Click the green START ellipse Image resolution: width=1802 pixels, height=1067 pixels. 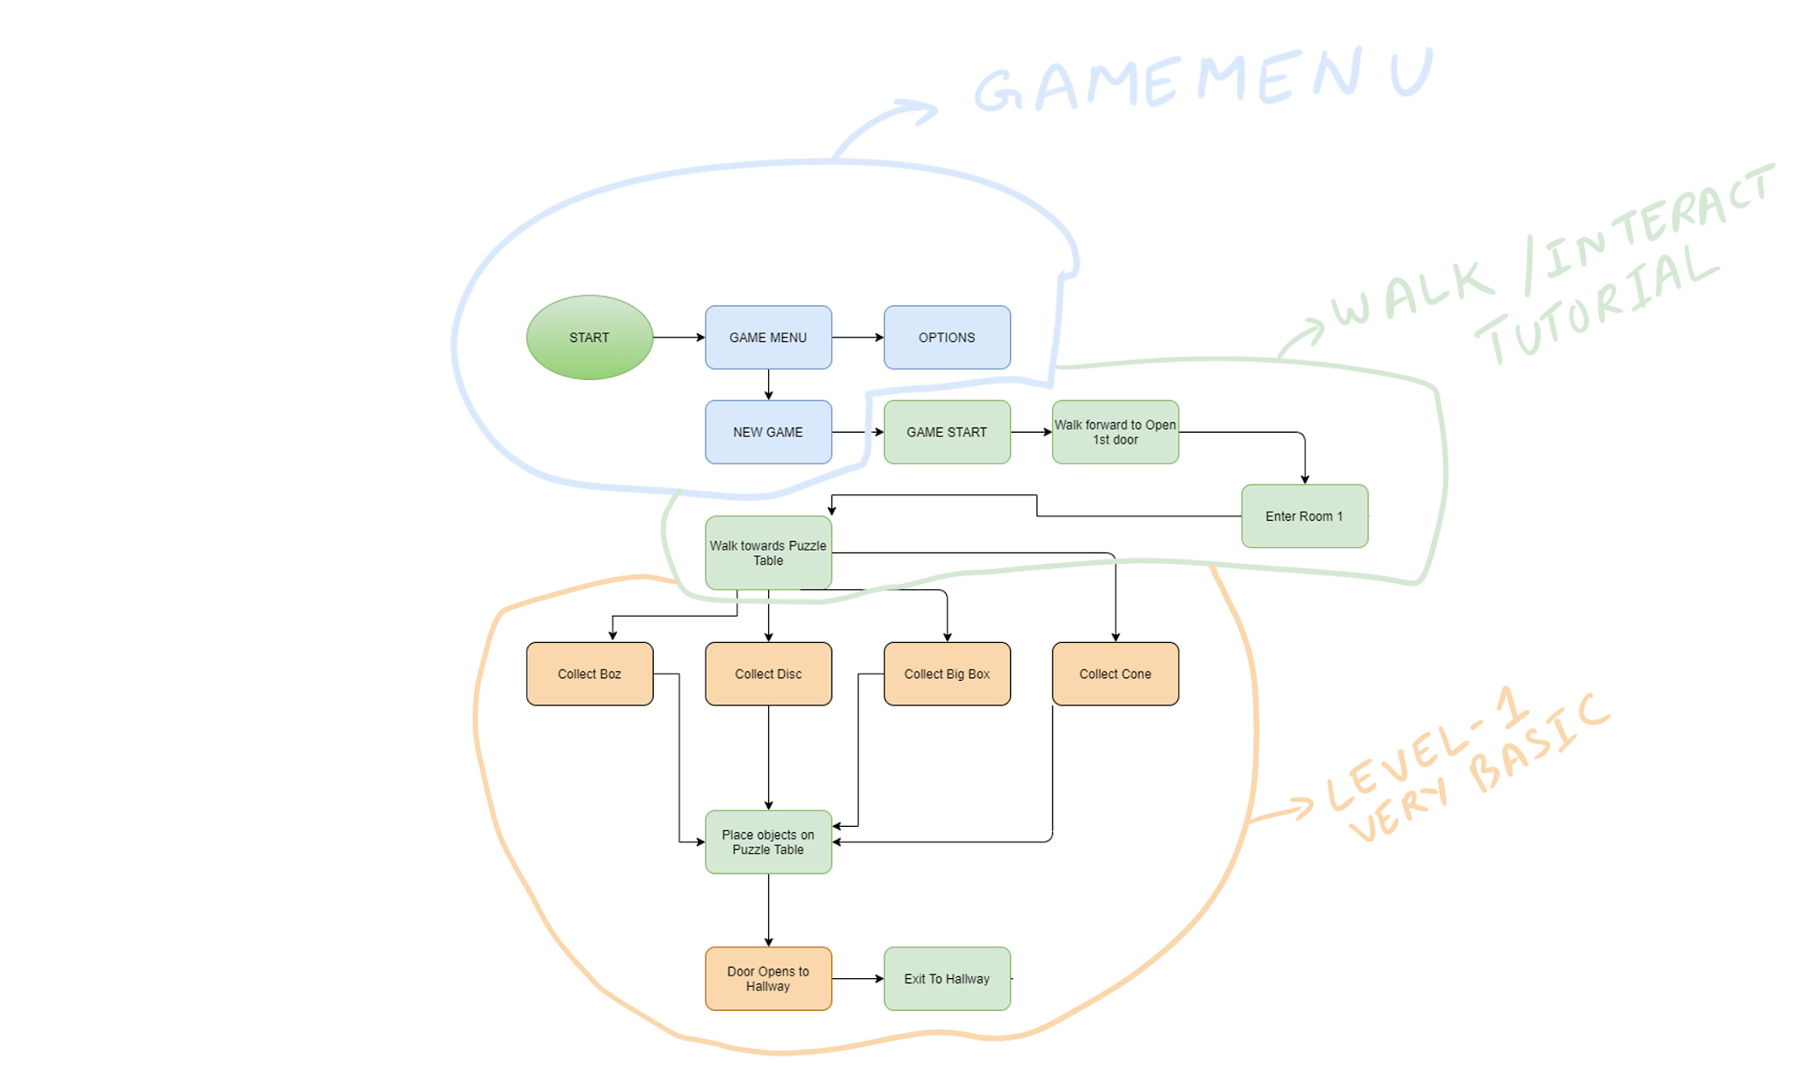[x=589, y=337]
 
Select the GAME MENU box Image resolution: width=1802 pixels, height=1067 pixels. [x=767, y=337]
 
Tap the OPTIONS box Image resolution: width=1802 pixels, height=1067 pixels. [x=947, y=337]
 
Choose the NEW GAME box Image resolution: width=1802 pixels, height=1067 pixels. [x=767, y=432]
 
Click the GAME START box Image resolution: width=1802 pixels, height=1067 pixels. [x=947, y=432]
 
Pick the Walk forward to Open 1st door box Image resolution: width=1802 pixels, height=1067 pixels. [x=1115, y=432]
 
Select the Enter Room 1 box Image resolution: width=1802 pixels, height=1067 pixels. [x=1304, y=516]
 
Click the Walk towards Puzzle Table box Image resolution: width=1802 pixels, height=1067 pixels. [x=767, y=552]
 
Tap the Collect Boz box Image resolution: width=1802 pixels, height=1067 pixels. [x=589, y=674]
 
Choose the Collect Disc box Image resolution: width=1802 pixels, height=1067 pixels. [x=767, y=674]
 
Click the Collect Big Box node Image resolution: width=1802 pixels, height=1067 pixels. [x=947, y=674]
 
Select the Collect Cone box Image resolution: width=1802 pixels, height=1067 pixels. [x=1115, y=674]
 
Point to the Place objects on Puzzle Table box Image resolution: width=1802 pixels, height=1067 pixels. [x=767, y=842]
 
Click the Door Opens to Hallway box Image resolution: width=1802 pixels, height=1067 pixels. [x=767, y=978]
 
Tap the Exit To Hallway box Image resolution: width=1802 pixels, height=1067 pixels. [x=947, y=978]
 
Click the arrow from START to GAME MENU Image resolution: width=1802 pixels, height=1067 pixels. [x=678, y=337]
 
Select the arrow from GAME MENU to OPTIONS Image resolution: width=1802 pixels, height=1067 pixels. [x=857, y=337]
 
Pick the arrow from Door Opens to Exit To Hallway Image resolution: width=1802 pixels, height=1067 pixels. [x=857, y=978]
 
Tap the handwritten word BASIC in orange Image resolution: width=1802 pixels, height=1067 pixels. [x=1540, y=743]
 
